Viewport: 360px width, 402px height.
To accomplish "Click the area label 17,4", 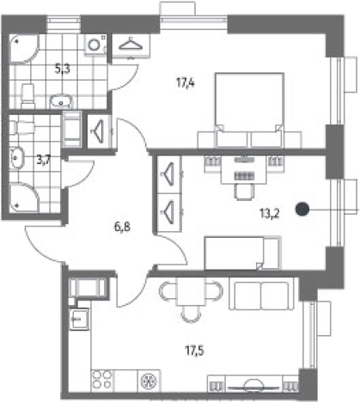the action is (x=186, y=83).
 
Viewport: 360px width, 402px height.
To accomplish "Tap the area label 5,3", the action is (x=63, y=69).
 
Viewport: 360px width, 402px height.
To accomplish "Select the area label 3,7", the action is (x=44, y=160).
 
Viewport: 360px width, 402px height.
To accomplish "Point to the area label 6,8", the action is (x=122, y=228).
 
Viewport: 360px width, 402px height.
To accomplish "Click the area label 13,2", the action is (x=270, y=213).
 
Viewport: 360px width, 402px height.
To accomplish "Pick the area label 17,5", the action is (x=194, y=350).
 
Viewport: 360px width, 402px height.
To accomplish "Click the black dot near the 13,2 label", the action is (x=302, y=209).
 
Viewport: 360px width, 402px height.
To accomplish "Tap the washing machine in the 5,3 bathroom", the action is (x=95, y=45).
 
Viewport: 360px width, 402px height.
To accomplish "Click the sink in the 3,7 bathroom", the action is (x=17, y=158).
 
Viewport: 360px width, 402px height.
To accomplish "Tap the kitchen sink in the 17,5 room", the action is (x=80, y=319).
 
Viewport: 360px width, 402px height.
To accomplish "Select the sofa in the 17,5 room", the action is (x=261, y=295).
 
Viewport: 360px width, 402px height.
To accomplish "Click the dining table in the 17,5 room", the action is (x=191, y=291).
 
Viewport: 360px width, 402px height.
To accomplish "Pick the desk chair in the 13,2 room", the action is (x=244, y=192).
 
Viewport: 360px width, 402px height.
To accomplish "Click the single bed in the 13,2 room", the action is (x=243, y=253).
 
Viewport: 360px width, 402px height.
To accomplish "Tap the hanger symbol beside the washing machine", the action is (x=131, y=45).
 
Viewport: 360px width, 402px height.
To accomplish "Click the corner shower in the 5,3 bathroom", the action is (x=24, y=49).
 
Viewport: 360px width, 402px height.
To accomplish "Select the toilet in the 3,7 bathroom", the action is (x=21, y=127).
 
